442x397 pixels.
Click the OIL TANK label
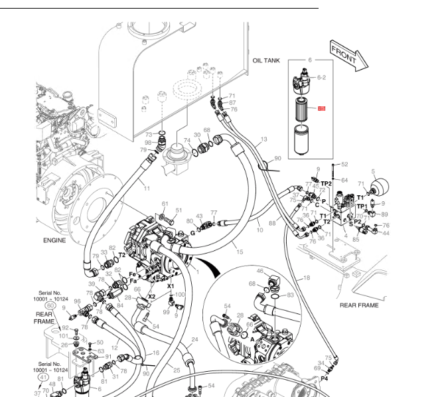point(266,60)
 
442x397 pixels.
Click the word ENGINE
point(54,240)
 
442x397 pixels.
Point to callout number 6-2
point(321,78)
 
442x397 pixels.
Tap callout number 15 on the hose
point(239,252)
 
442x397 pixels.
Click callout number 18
point(307,278)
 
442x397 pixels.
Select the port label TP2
point(326,183)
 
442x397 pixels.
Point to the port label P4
point(325,378)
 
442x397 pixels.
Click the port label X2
point(151,297)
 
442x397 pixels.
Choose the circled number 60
point(50,305)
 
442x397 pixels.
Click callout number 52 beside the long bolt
point(344,164)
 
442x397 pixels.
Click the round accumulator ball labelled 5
point(380,186)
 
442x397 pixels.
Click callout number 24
point(194,339)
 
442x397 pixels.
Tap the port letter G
point(192,232)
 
